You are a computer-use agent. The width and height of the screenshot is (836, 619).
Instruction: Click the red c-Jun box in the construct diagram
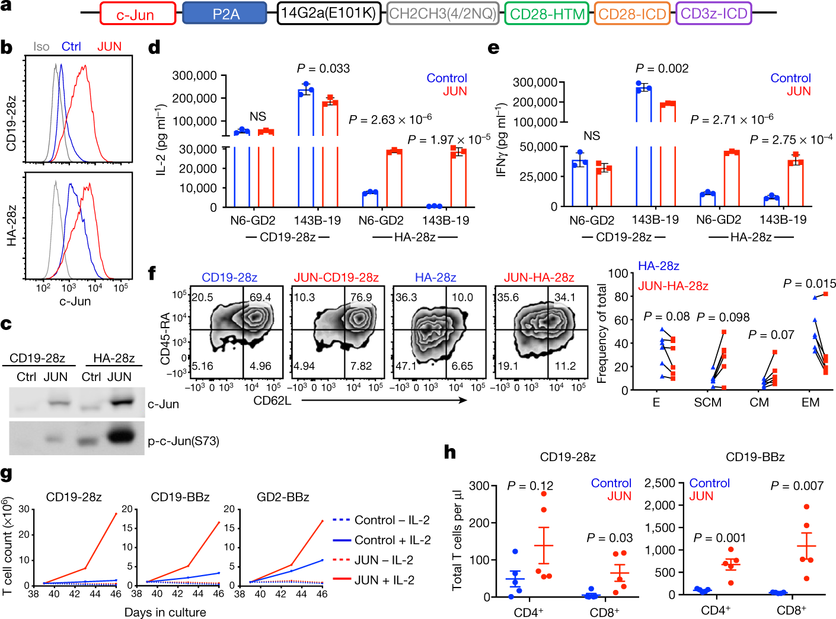pos(138,14)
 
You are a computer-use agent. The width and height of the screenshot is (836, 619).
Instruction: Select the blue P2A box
pos(225,14)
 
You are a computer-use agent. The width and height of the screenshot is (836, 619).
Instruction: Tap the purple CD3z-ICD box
pos(714,14)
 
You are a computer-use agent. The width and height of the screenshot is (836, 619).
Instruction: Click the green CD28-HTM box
pos(547,14)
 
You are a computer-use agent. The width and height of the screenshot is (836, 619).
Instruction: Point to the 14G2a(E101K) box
pos(329,13)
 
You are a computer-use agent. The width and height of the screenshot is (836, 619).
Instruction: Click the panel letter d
pos(154,47)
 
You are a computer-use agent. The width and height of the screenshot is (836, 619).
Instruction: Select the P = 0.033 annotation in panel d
pos(323,68)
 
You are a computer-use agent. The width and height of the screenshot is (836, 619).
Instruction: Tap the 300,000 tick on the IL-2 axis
pos(194,75)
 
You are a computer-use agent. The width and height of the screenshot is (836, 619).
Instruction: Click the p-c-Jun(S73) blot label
pos(183,441)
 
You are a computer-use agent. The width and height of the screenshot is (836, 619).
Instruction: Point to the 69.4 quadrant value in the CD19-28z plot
pos(260,297)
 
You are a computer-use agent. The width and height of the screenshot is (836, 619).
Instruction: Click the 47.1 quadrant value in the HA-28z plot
pos(407,366)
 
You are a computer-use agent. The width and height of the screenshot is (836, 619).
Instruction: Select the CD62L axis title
pos(272,401)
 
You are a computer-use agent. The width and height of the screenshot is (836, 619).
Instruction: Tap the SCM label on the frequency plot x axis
pos(708,402)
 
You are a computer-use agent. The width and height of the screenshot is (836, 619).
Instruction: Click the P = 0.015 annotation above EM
pos(809,284)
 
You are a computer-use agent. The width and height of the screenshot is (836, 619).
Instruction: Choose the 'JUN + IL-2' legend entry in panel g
pos(384,580)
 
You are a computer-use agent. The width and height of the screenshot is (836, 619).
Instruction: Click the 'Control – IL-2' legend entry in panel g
pos(392,520)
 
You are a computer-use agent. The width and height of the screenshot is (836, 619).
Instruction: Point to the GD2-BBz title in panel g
pos(283,497)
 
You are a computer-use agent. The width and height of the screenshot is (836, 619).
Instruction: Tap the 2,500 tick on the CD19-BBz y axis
pos(660,483)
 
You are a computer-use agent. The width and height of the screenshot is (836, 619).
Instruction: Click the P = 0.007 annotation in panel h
pos(797,486)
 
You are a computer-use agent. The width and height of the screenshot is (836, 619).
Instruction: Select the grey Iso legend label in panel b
pos(42,47)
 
